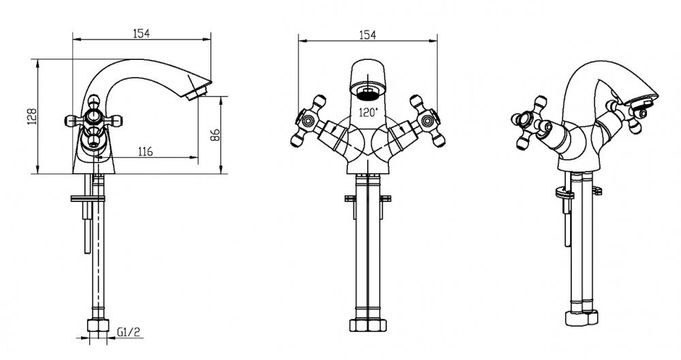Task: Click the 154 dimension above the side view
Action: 142,33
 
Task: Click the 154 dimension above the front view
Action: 368,35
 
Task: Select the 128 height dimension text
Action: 33,116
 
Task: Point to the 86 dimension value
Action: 215,135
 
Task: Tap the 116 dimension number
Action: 145,152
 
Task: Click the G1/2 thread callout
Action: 129,333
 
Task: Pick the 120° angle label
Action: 368,112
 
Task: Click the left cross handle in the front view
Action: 308,120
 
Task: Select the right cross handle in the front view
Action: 428,120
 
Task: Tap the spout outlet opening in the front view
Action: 368,92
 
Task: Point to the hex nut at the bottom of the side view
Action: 98,325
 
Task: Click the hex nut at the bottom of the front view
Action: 368,325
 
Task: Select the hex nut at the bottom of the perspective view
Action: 582,318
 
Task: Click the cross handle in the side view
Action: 94,120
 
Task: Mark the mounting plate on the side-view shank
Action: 88,199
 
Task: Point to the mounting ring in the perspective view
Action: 565,193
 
